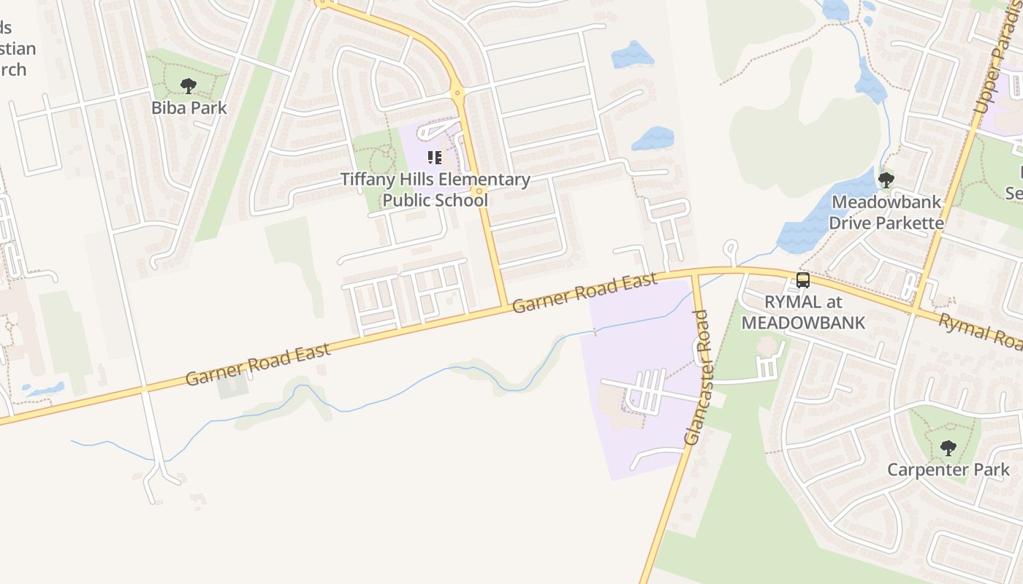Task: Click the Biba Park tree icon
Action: [189, 86]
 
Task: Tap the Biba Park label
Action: [189, 108]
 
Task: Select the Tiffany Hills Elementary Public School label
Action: [436, 189]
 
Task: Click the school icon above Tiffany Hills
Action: [435, 158]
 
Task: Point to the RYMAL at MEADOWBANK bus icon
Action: [803, 280]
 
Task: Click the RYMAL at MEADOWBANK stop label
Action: [803, 312]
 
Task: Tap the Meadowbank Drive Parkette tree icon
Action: [886, 180]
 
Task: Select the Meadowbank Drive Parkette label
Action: [886, 212]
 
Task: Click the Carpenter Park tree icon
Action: [948, 448]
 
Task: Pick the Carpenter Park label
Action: [948, 469]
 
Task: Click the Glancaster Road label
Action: [697, 378]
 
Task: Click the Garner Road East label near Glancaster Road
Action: [585, 293]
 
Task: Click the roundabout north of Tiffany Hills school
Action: [457, 93]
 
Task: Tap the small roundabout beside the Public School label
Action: [479, 191]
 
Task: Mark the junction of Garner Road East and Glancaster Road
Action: [695, 273]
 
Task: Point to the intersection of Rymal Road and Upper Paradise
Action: [914, 310]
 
